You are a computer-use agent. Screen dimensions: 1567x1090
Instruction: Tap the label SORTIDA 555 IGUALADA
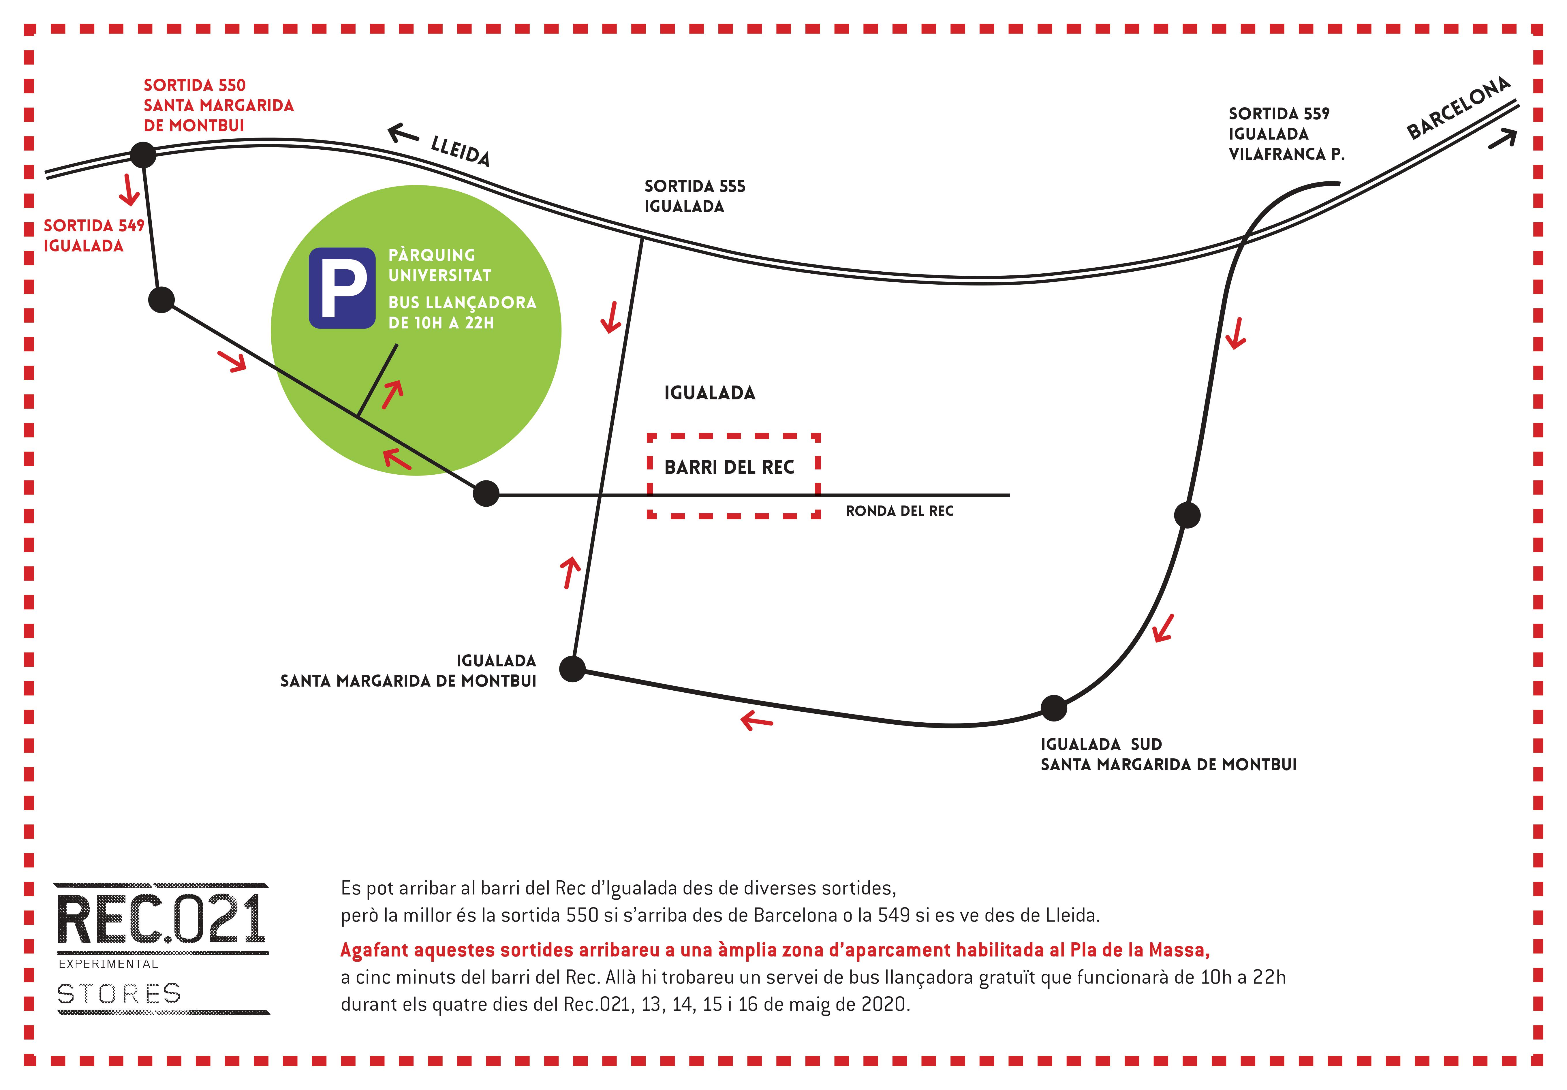(x=695, y=196)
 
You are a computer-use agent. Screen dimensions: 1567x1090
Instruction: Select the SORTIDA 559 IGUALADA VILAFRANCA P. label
(x=1286, y=134)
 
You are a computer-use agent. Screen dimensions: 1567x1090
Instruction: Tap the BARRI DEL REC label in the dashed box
(x=729, y=467)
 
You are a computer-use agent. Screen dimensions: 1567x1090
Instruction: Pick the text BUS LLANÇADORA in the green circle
(x=462, y=302)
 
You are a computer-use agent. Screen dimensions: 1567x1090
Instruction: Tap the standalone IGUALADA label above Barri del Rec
(x=710, y=393)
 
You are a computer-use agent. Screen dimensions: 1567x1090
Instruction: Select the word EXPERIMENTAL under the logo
(x=108, y=964)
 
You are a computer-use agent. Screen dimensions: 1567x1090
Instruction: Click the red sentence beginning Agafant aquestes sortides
(x=775, y=950)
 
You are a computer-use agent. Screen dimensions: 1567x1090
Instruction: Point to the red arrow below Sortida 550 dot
(x=129, y=189)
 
